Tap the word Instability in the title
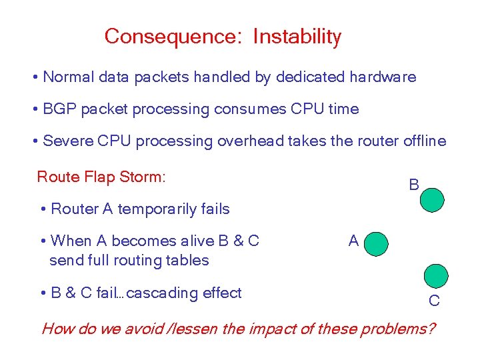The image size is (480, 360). click(297, 37)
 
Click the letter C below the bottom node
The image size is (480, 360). click(434, 301)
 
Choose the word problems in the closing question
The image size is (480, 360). click(402, 329)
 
